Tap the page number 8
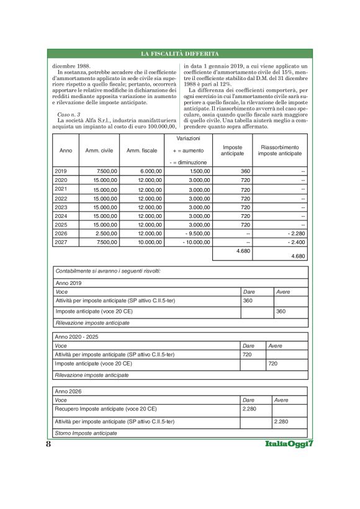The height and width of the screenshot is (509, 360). pos(48,445)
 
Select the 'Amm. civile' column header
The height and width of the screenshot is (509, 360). pos(98,150)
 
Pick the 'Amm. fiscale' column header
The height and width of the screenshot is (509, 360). pos(141,150)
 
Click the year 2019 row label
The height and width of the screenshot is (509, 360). pos(61,171)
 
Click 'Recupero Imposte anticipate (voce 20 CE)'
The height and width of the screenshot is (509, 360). pos(106,410)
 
